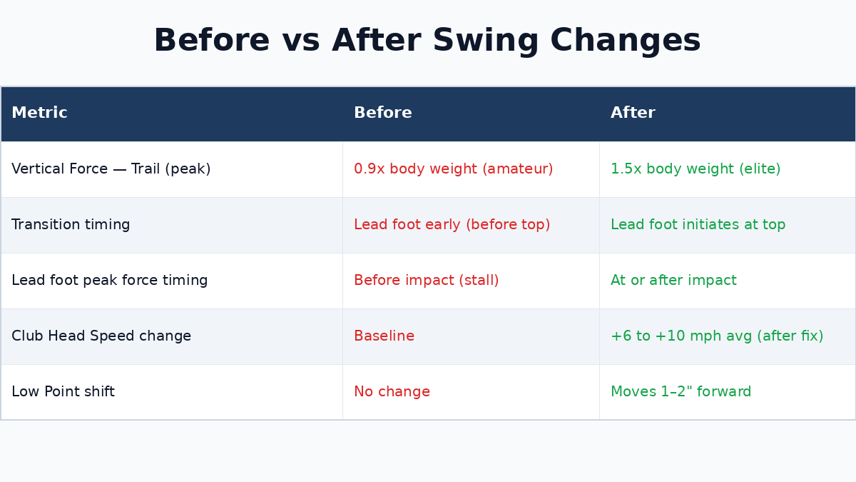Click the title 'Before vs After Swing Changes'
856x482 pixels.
click(x=427, y=41)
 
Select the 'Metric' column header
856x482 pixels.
click(x=39, y=113)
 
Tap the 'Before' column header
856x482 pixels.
click(x=383, y=113)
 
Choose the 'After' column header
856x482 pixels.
click(x=633, y=113)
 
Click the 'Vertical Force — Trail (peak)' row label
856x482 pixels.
click(x=111, y=169)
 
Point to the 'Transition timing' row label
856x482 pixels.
click(x=71, y=225)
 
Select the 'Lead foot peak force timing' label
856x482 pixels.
click(x=110, y=281)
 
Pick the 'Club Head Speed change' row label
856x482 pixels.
click(x=101, y=336)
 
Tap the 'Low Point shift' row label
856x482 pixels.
click(x=63, y=392)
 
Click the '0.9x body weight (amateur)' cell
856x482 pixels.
click(x=454, y=169)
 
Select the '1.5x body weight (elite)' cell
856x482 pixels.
click(x=695, y=169)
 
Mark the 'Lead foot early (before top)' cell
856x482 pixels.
click(x=452, y=225)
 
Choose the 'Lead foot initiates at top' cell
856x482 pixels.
click(x=698, y=225)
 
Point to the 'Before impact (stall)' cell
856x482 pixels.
click(x=427, y=281)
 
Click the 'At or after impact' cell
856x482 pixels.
click(x=673, y=281)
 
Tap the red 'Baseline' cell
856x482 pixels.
click(x=384, y=336)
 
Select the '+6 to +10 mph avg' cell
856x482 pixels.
click(x=717, y=336)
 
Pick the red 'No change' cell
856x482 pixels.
click(x=392, y=392)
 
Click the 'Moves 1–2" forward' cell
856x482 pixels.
click(x=681, y=392)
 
